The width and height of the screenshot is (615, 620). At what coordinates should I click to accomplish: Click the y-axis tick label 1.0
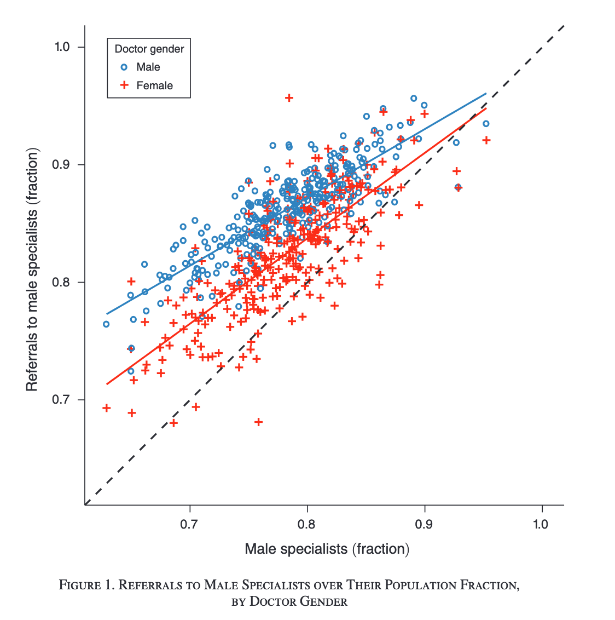tap(62, 47)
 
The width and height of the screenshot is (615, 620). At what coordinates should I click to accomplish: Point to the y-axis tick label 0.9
tap(62, 165)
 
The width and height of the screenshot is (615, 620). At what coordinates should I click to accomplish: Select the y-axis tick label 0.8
tap(62, 282)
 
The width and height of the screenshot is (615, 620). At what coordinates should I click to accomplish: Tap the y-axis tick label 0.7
tap(62, 400)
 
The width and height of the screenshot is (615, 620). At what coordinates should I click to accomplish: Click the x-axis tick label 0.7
tap(189, 524)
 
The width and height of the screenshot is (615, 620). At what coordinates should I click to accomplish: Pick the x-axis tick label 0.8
tap(307, 524)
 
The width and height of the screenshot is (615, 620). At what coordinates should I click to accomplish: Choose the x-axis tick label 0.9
tap(424, 524)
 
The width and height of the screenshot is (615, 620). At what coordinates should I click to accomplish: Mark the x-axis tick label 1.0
tap(541, 524)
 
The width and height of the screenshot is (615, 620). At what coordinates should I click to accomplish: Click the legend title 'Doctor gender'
tap(149, 49)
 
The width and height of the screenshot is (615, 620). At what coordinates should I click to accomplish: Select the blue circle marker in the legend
tap(124, 67)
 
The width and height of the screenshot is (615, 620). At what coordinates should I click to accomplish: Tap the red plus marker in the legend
tap(124, 85)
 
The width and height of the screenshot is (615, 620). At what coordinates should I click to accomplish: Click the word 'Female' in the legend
tap(154, 85)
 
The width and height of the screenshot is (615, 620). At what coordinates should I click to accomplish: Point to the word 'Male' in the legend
tap(148, 67)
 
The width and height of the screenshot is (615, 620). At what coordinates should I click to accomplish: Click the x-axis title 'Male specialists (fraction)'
tap(327, 549)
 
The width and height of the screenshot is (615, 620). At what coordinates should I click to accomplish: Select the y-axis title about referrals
tap(32, 269)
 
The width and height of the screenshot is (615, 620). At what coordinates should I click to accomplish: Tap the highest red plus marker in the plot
tap(289, 98)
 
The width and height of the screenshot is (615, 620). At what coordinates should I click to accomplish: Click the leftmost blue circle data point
tap(106, 324)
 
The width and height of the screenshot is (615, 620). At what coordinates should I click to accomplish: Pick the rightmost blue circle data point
tap(486, 124)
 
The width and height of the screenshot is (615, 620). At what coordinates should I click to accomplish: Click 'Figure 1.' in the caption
tap(87, 585)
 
